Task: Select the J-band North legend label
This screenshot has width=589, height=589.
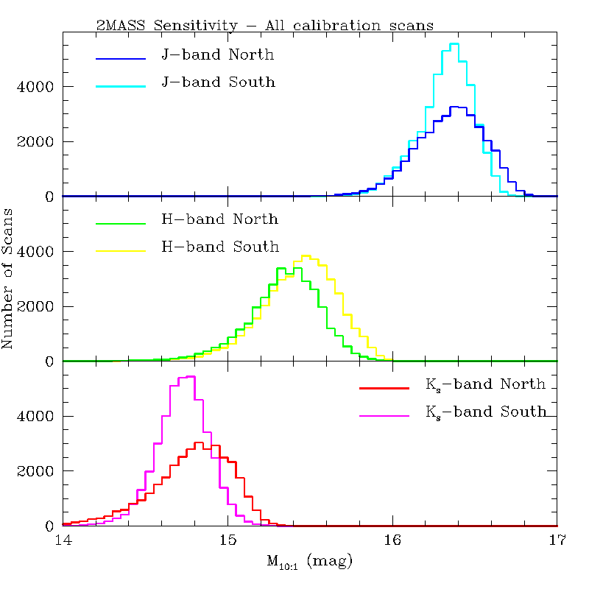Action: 217,54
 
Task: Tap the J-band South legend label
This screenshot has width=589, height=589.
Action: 218,82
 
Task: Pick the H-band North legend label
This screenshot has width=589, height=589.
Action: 219,219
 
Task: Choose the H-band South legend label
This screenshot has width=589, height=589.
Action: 220,247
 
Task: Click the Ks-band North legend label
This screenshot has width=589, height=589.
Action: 485,384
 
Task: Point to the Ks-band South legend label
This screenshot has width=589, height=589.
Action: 486,412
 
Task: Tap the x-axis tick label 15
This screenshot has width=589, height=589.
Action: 228,541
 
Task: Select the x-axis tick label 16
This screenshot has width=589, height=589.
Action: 392,541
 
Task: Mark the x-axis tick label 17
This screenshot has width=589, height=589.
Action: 557,541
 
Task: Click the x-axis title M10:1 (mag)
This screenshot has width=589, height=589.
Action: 309,563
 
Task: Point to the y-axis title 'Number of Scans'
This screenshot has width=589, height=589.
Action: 9,279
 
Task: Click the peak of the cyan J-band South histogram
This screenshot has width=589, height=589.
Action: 454,44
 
